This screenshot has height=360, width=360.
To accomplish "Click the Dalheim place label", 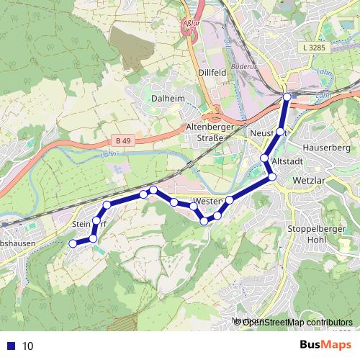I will (x=169, y=98).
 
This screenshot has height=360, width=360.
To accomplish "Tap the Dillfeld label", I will (x=213, y=72).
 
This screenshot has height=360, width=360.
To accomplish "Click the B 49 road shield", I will (x=123, y=141).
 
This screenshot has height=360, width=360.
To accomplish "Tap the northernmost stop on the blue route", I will (x=287, y=96).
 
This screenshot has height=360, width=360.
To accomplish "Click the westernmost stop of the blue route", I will (x=72, y=244).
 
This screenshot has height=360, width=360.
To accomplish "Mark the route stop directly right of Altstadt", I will (x=272, y=176).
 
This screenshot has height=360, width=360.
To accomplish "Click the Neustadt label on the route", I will (x=269, y=133).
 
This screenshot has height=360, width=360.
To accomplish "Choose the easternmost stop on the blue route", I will (x=287, y=96).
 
